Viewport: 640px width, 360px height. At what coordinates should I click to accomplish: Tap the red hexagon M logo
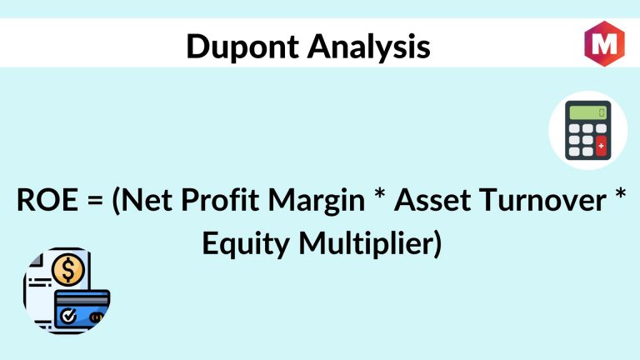604,42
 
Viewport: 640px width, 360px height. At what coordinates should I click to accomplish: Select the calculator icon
587,130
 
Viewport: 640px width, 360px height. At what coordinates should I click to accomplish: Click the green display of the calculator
587,112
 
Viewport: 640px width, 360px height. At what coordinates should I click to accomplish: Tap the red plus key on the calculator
601,146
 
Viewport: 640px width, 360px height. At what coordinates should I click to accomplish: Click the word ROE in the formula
47,200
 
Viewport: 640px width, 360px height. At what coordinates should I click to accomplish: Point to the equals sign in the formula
95,201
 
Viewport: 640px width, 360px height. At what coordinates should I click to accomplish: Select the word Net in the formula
142,200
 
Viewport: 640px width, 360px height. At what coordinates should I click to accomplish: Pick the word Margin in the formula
317,202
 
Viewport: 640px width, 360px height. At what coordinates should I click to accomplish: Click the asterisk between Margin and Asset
380,193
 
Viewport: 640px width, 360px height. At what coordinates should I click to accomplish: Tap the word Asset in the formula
432,200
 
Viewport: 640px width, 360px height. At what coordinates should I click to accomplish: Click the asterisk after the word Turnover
620,193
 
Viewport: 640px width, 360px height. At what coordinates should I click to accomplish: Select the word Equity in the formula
246,245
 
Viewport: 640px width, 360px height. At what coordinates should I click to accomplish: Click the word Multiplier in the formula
370,244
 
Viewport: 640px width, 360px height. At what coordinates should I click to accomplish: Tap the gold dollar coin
68,270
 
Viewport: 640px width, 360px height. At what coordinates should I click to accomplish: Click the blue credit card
82,310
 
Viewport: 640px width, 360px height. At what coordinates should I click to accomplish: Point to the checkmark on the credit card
68,315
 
